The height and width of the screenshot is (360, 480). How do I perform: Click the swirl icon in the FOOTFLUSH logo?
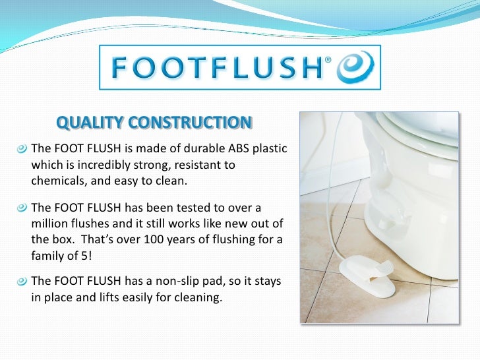(356, 67)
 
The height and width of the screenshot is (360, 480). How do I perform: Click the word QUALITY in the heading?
(90, 123)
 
